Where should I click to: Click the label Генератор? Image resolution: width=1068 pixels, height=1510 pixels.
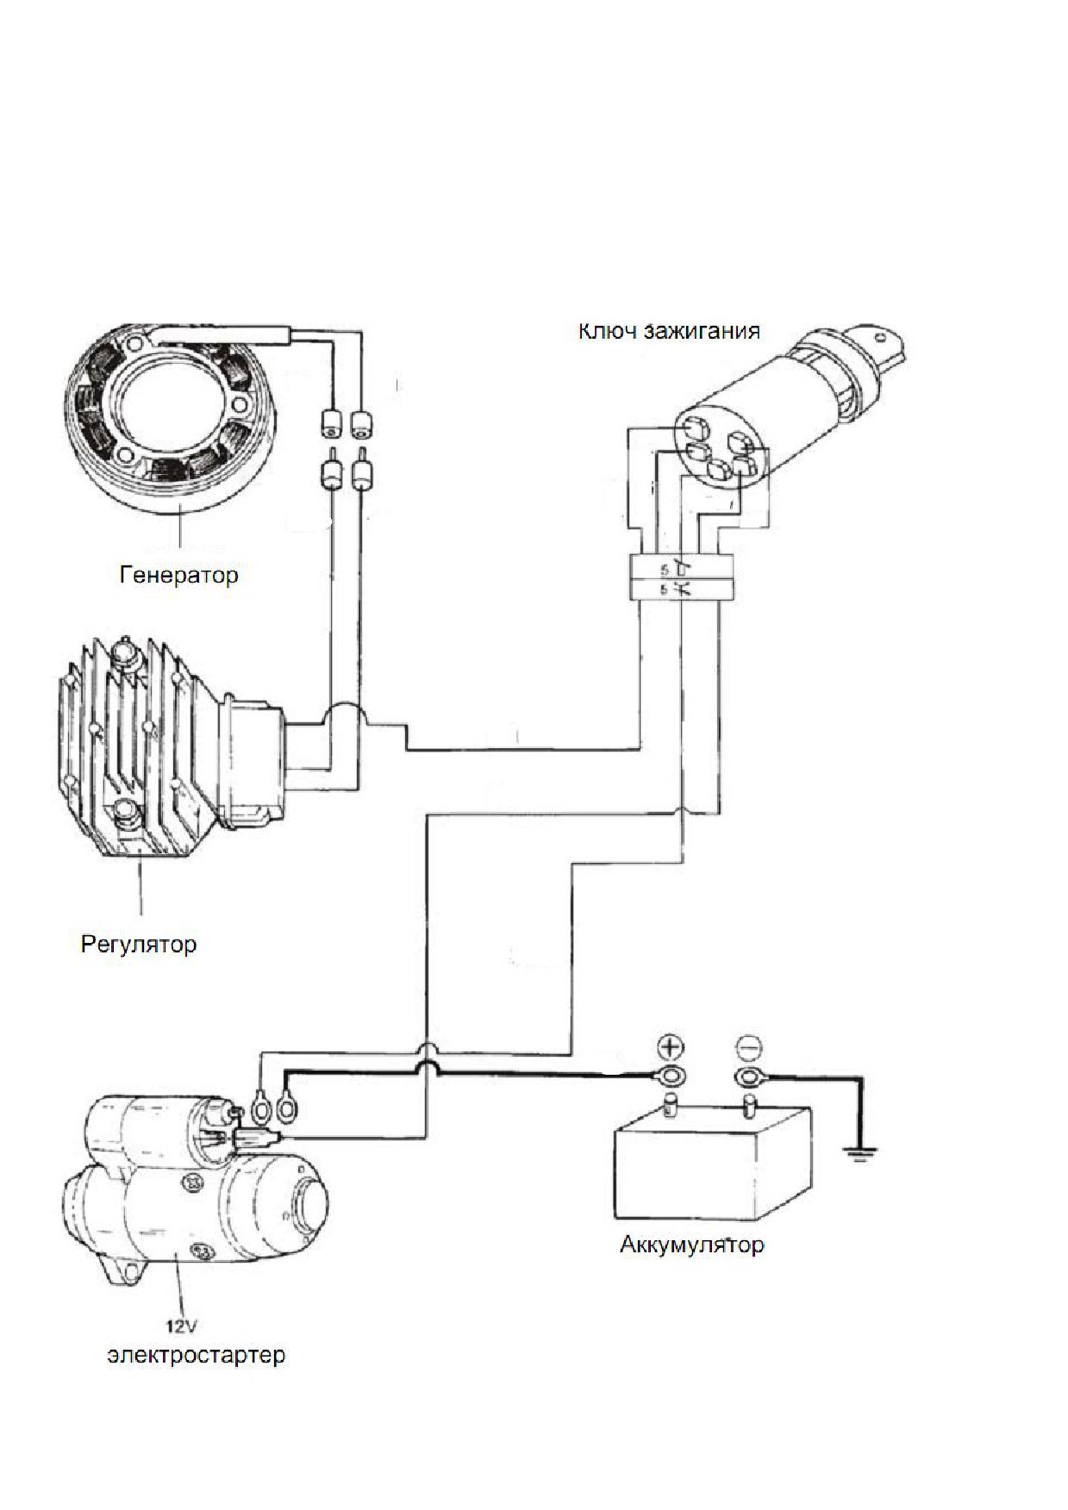click(x=178, y=575)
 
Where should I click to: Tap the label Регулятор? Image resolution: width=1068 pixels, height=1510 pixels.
click(x=139, y=945)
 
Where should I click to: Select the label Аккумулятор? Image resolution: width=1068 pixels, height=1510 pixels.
click(x=691, y=1245)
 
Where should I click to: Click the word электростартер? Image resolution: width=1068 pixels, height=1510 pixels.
click(x=197, y=1355)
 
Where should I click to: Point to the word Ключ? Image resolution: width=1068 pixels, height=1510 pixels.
click(x=608, y=331)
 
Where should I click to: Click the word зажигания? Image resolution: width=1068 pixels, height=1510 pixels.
click(x=703, y=332)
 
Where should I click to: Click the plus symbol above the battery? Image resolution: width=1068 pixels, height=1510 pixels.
click(x=671, y=1047)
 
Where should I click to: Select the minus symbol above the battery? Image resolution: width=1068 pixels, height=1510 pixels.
click(x=748, y=1047)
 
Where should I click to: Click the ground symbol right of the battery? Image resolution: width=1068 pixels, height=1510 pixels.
click(x=859, y=1152)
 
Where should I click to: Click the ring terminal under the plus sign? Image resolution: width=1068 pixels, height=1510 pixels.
click(x=671, y=1077)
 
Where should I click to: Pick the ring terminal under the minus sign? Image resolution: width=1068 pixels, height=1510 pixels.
click(x=748, y=1077)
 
